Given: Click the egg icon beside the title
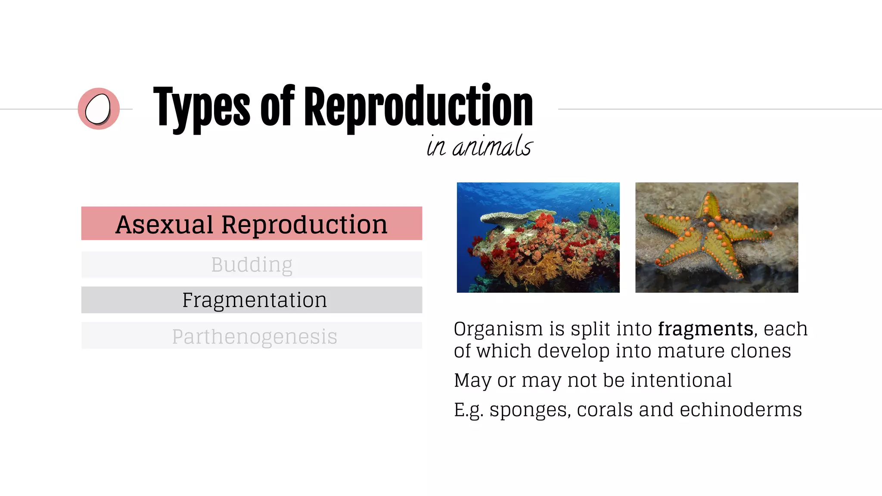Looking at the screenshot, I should point(98,109).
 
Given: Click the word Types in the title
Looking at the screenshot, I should point(201,108).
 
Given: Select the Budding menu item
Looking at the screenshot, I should point(252,265).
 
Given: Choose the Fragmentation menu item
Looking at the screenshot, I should point(254,300).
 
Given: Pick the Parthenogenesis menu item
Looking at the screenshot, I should point(254,336).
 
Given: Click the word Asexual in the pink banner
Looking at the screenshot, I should point(164,225).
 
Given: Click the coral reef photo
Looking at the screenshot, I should point(538,238).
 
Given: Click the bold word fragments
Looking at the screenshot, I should point(705,329).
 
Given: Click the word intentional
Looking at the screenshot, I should point(681,380).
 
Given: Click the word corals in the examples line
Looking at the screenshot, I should point(605,409).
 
